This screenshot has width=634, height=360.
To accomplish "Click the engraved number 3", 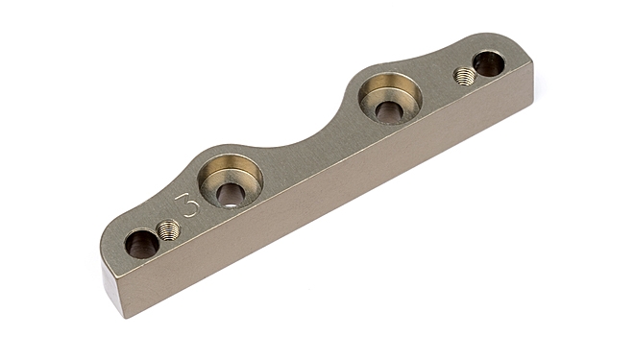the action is tap(187, 205).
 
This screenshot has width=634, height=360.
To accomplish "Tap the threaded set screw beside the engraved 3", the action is tap(169, 230).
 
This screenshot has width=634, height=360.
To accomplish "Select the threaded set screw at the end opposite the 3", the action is tap(464, 76).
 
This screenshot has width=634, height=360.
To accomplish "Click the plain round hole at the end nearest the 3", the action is tap(141, 244).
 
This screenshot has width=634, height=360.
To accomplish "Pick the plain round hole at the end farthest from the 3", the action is tap(488, 63).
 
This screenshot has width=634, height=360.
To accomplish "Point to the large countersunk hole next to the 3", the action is tap(231, 180).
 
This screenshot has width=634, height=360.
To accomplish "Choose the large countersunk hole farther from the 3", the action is tap(390, 97).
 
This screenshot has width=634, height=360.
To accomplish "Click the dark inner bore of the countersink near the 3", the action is tap(231, 195).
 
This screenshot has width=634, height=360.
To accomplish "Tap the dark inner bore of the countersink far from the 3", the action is tap(389, 110).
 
